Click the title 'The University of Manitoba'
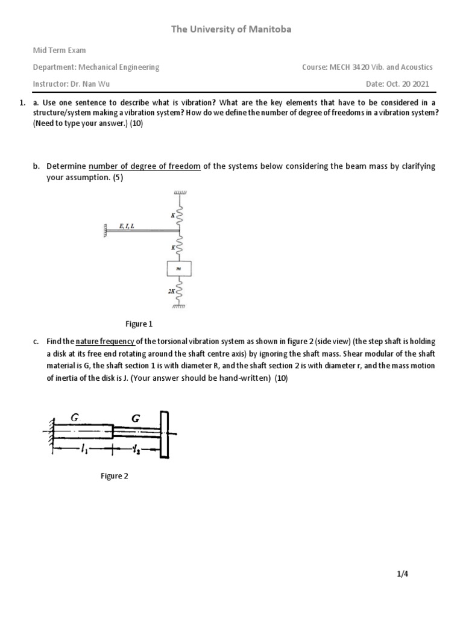coord(231,29)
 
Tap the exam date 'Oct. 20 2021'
coord(410,84)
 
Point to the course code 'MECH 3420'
coord(348,67)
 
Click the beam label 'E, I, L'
coord(127,226)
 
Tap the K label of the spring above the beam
coord(171,215)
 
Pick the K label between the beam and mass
coord(171,248)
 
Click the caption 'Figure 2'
coord(115,476)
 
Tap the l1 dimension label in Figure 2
coord(83,449)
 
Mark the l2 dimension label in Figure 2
coord(136,449)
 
